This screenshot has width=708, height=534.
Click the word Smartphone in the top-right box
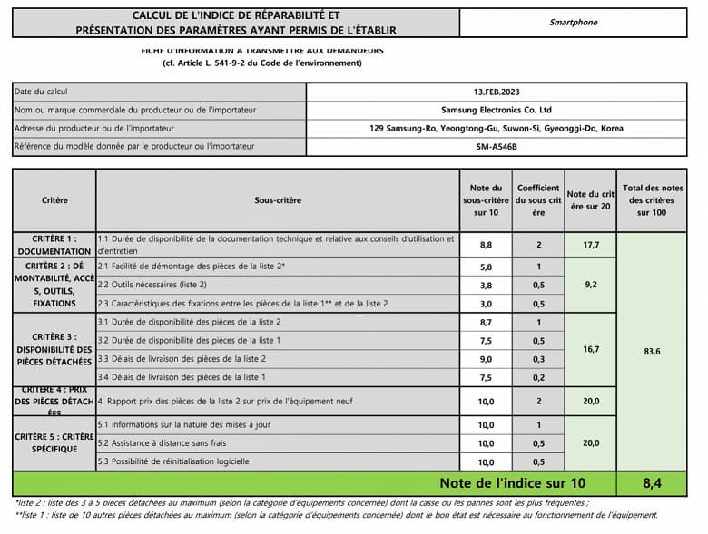(574, 23)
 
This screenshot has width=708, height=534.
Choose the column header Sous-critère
(277, 200)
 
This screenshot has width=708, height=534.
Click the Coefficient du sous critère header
(538, 200)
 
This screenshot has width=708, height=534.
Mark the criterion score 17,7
(590, 245)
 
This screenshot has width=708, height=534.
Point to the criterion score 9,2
(590, 285)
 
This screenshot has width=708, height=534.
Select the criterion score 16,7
(590, 348)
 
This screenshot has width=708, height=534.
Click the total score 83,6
(652, 351)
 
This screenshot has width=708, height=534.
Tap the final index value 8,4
(652, 483)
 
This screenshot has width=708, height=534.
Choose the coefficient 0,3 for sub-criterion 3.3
(538, 359)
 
